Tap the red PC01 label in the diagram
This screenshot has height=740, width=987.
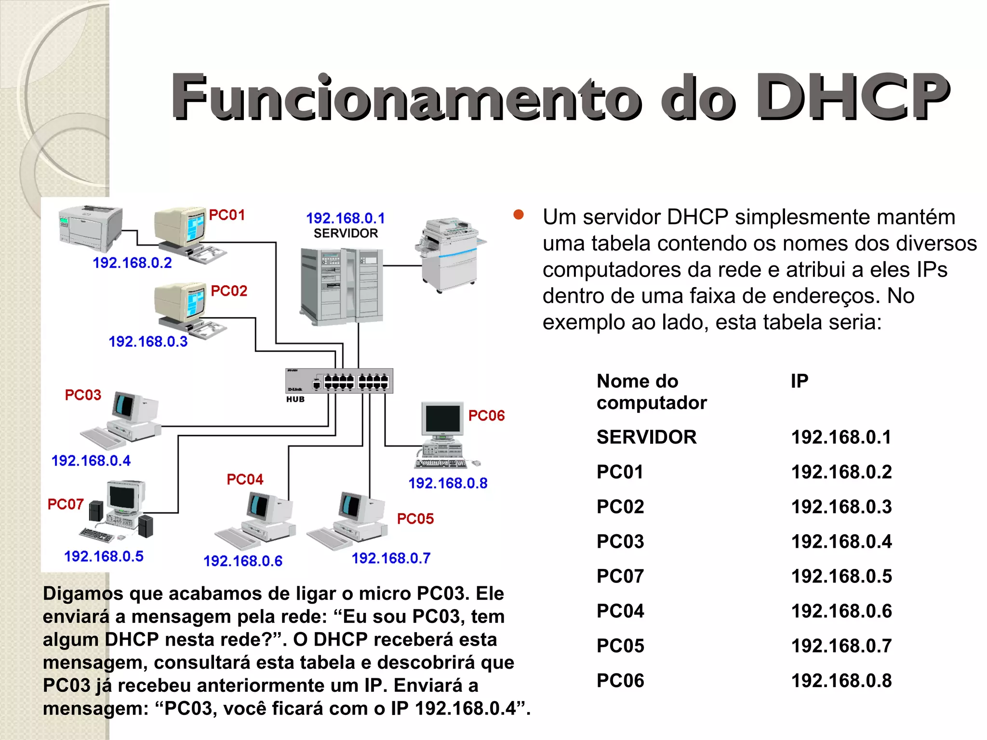(227, 215)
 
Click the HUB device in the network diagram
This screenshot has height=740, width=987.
(339, 381)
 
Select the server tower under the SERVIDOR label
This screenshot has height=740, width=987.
(341, 285)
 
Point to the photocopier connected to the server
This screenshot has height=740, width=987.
(449, 254)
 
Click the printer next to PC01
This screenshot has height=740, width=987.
(90, 228)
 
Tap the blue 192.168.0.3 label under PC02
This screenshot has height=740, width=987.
(148, 342)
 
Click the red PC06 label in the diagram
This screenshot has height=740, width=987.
(486, 415)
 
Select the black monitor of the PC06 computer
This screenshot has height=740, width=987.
(442, 419)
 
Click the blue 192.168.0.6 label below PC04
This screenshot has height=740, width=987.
(243, 561)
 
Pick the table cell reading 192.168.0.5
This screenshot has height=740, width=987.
(841, 576)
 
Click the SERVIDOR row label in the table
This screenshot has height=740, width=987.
(646, 437)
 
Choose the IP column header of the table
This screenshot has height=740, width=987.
(800, 381)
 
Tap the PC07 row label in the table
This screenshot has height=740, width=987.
(620, 576)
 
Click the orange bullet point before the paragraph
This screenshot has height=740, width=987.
(519, 215)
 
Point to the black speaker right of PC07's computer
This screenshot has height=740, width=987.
(146, 526)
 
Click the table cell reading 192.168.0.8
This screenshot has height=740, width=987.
(841, 680)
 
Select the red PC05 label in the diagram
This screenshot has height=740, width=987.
(415, 519)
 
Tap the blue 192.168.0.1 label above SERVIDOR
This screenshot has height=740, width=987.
(346, 218)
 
